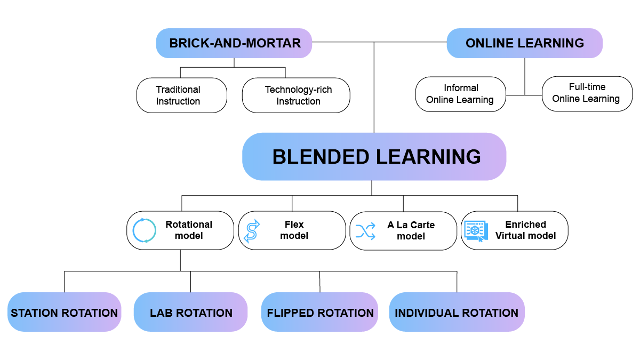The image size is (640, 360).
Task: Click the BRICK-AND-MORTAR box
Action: pos(234,43)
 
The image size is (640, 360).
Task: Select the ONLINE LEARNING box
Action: pos(524,43)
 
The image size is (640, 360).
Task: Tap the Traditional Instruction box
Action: pos(182,95)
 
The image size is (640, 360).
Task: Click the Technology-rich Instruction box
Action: pos(296,95)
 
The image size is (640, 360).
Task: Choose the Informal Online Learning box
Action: pos(460,94)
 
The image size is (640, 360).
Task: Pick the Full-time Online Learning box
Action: pos(587,93)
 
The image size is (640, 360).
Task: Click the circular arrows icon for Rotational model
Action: pos(144,230)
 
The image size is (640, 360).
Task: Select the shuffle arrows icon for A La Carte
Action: pos(365,231)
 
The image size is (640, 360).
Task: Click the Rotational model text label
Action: pos(189,230)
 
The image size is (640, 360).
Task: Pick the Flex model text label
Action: pos(294,230)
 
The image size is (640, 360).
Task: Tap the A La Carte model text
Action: pos(411,230)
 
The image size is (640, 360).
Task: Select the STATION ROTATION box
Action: pos(65,313)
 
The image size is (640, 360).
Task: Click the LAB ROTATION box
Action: pos(190,313)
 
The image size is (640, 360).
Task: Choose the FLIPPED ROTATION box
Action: pos(320,313)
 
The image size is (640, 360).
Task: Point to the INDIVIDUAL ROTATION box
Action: pos(457,313)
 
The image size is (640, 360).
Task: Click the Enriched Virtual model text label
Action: pos(525,230)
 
